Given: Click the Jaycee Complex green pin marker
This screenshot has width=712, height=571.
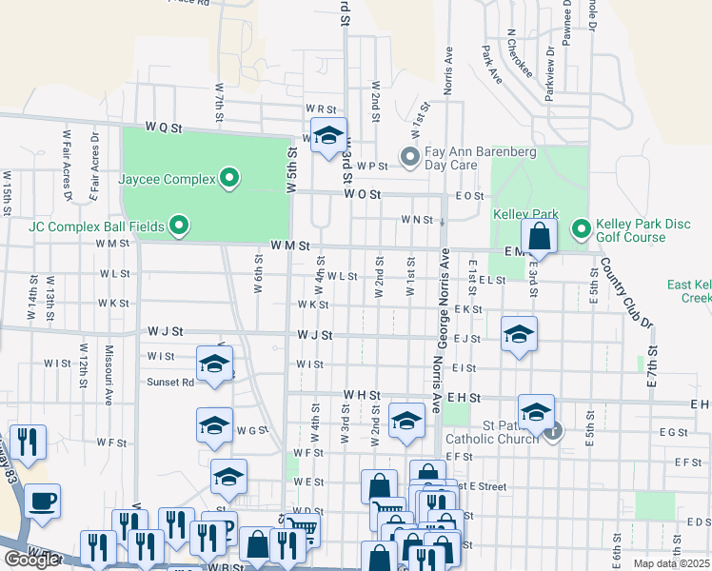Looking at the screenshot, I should [229, 177].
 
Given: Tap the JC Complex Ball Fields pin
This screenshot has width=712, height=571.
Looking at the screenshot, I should [179, 226].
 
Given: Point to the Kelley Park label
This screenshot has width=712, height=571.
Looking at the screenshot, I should [525, 215].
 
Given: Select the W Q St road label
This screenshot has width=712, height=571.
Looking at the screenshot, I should [164, 127].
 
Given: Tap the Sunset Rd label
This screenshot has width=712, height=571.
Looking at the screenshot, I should [170, 383].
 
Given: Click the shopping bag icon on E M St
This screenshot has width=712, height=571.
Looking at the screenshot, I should [539, 236].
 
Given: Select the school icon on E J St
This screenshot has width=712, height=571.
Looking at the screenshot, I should [519, 334].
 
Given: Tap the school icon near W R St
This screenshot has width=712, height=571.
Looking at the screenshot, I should [327, 135].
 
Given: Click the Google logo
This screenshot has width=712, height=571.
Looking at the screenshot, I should [31, 560].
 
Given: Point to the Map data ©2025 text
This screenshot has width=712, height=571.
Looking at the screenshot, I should [671, 563].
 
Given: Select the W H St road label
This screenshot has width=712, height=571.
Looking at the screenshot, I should [362, 394].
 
